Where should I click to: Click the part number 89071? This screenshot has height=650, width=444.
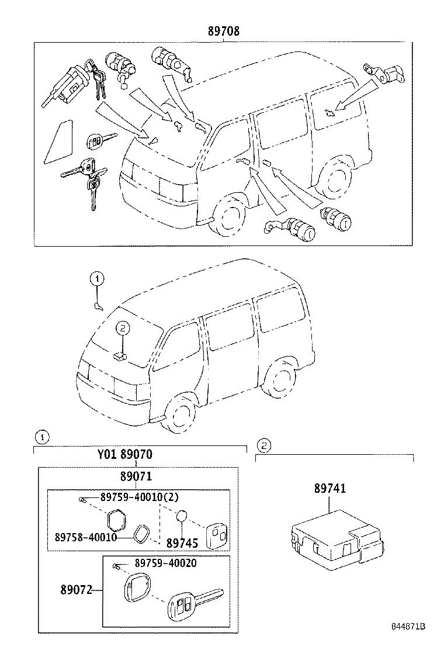[136, 476]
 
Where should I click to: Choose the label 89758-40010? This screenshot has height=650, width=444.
[86, 537]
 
